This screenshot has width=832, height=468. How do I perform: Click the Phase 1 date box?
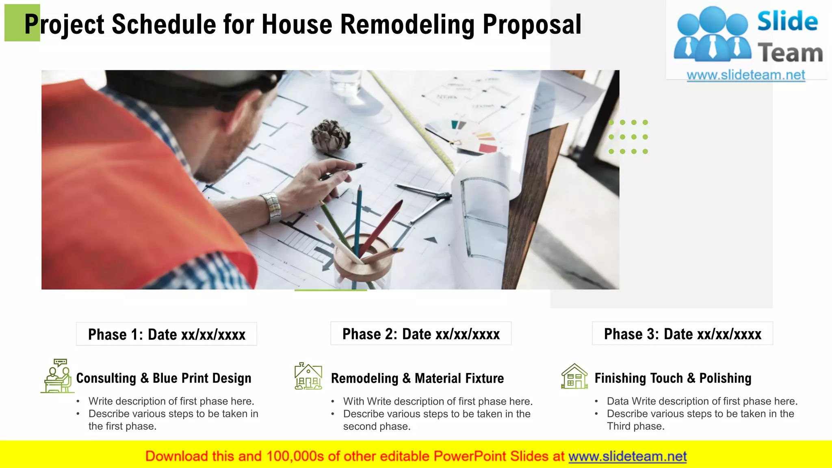point(167,334)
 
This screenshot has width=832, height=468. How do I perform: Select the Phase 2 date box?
point(421,334)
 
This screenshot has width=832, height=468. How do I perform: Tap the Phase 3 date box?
point(682,334)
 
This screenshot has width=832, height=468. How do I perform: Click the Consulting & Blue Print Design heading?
point(164,378)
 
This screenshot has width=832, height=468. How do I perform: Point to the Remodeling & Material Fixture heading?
point(417,378)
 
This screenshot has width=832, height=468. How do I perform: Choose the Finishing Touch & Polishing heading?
point(673,378)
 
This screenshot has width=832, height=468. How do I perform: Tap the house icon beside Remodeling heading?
point(308,376)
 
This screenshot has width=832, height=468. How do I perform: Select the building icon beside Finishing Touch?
point(574,376)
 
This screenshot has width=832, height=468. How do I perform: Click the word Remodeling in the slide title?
point(407,24)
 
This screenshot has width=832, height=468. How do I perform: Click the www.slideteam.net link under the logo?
point(746,75)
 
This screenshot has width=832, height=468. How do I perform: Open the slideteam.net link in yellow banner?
point(627,456)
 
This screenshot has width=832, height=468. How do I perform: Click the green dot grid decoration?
point(628,137)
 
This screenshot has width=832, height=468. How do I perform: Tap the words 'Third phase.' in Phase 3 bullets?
point(635,426)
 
